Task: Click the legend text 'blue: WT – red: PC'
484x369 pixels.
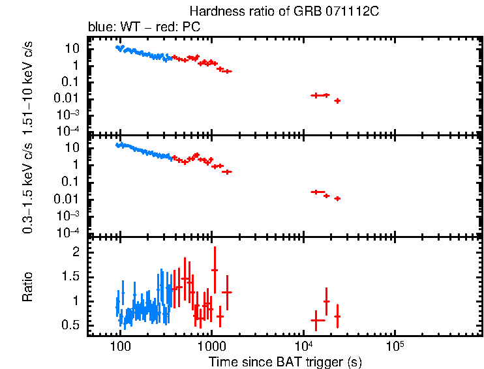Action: click(x=144, y=27)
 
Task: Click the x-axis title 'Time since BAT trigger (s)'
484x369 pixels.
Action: click(x=285, y=361)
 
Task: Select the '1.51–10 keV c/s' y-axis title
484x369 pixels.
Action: click(x=29, y=85)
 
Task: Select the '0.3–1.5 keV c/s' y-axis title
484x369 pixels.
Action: click(x=29, y=186)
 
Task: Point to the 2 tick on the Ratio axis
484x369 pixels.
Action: click(x=76, y=252)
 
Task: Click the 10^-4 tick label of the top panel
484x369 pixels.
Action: click(x=69, y=131)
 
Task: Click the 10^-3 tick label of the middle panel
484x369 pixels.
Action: click(x=69, y=215)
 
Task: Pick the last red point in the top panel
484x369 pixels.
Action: click(x=337, y=100)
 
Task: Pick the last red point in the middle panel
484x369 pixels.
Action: click(x=337, y=198)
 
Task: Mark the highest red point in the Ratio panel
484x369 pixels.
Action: click(x=214, y=270)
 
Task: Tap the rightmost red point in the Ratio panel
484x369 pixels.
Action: click(x=337, y=316)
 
